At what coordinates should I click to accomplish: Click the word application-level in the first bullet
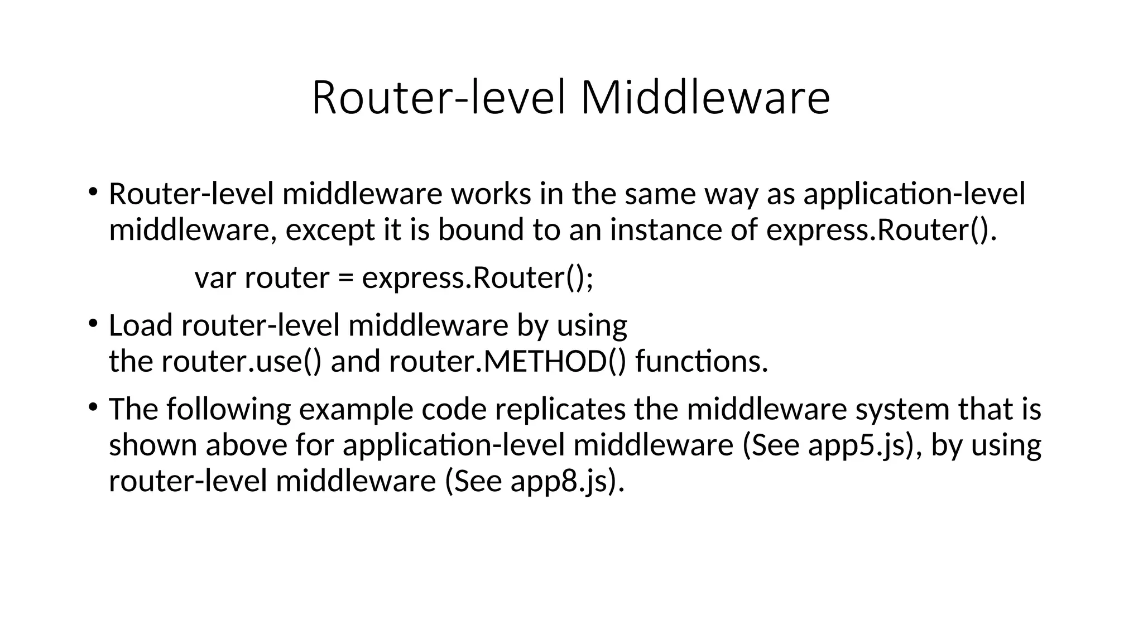coord(914,195)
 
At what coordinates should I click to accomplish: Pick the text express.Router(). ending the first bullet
coord(881,231)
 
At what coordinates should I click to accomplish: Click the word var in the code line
coord(215,278)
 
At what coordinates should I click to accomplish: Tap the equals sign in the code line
coord(345,278)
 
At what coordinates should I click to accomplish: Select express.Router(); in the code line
coord(478,278)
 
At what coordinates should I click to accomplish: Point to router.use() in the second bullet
coord(242,362)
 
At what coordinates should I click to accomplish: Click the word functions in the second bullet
coord(701,362)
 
